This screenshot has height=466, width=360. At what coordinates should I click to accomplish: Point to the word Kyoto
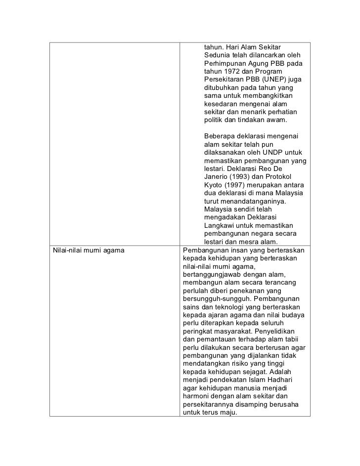pyautogui.click(x=214, y=184)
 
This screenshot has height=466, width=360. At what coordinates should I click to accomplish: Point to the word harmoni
pyautogui.click(x=196, y=396)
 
